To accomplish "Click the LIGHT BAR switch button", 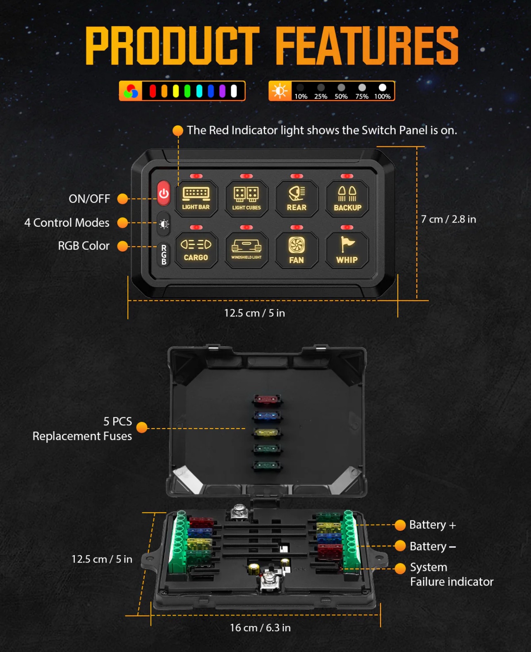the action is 196,199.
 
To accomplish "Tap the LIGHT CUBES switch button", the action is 246,199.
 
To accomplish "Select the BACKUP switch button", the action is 347,199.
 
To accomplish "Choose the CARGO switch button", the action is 196,250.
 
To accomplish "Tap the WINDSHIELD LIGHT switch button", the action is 246,250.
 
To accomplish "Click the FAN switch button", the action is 297,250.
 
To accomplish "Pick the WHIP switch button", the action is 347,250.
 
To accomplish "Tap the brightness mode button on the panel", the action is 164,224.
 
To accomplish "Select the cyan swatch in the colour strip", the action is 199,91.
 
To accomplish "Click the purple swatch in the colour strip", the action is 222,91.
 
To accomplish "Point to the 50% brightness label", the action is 341,96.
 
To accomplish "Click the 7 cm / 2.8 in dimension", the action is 448,219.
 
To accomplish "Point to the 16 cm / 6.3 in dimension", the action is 260,628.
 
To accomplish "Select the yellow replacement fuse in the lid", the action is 267,432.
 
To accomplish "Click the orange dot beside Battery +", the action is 400,525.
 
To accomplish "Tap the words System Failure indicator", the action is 452,575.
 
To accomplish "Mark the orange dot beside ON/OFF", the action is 123,199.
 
